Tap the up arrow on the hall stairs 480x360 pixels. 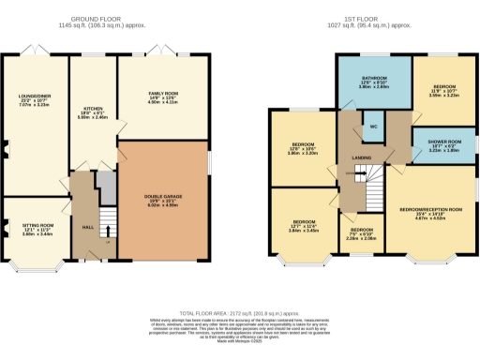[x=109, y=230]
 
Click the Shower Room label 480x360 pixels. [x=440, y=144]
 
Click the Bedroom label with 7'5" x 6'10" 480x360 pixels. [x=360, y=232]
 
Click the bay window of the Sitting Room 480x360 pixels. [x=34, y=266]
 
